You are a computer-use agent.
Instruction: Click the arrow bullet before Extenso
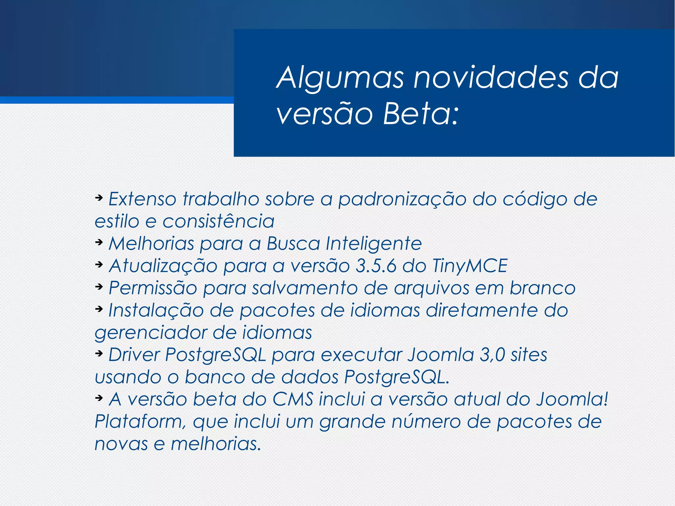coord(99,198)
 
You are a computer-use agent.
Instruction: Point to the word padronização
coord(402,200)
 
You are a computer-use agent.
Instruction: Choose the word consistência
coord(218,221)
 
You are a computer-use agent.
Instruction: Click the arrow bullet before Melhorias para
coord(99,242)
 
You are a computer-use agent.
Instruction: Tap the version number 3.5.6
coord(376,266)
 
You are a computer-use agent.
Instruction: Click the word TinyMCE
coord(470,266)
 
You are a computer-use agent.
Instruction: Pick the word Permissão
coord(153,288)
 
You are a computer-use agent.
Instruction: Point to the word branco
coord(543,288)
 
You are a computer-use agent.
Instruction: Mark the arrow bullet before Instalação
coord(99,309)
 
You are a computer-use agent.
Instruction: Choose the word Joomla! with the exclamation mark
coord(572,399)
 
